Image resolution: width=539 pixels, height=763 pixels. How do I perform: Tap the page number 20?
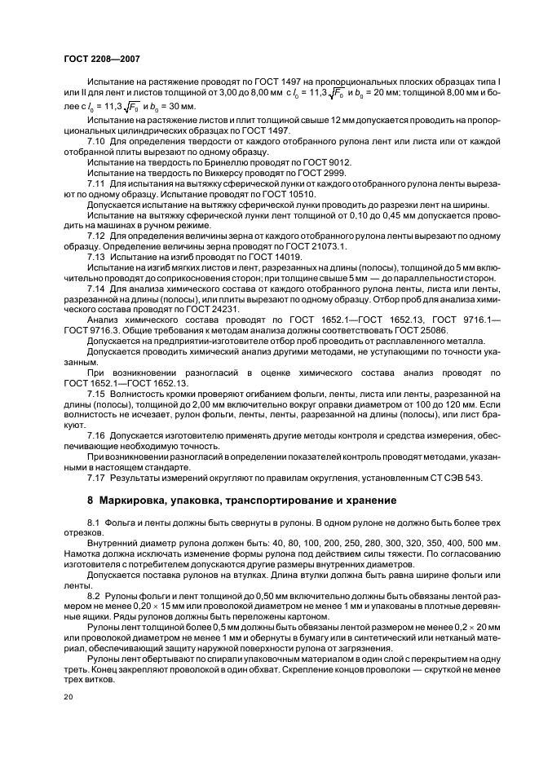coord(68,695)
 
